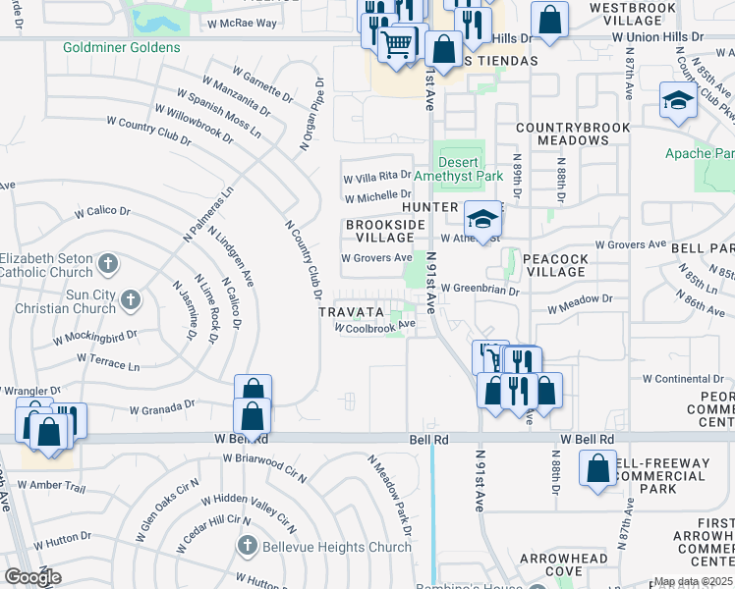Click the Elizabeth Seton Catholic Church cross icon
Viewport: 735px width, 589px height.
[108, 263]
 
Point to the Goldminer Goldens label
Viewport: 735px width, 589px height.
[121, 47]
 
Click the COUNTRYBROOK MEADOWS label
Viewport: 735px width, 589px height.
[562, 134]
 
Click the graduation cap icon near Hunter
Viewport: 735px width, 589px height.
[482, 218]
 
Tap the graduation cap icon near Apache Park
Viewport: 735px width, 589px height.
[678, 100]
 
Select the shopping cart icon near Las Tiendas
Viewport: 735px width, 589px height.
[397, 41]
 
